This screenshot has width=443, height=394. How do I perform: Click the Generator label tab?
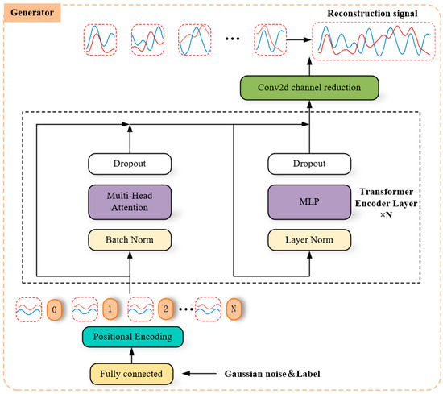tap(30, 14)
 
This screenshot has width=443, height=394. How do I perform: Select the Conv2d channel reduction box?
tap(309, 85)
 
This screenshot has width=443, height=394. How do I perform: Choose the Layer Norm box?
tap(310, 238)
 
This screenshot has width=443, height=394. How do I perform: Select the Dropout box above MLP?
tap(310, 165)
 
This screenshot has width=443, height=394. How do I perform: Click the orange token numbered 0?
tap(54, 308)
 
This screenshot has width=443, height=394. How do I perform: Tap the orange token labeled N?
tap(256, 308)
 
